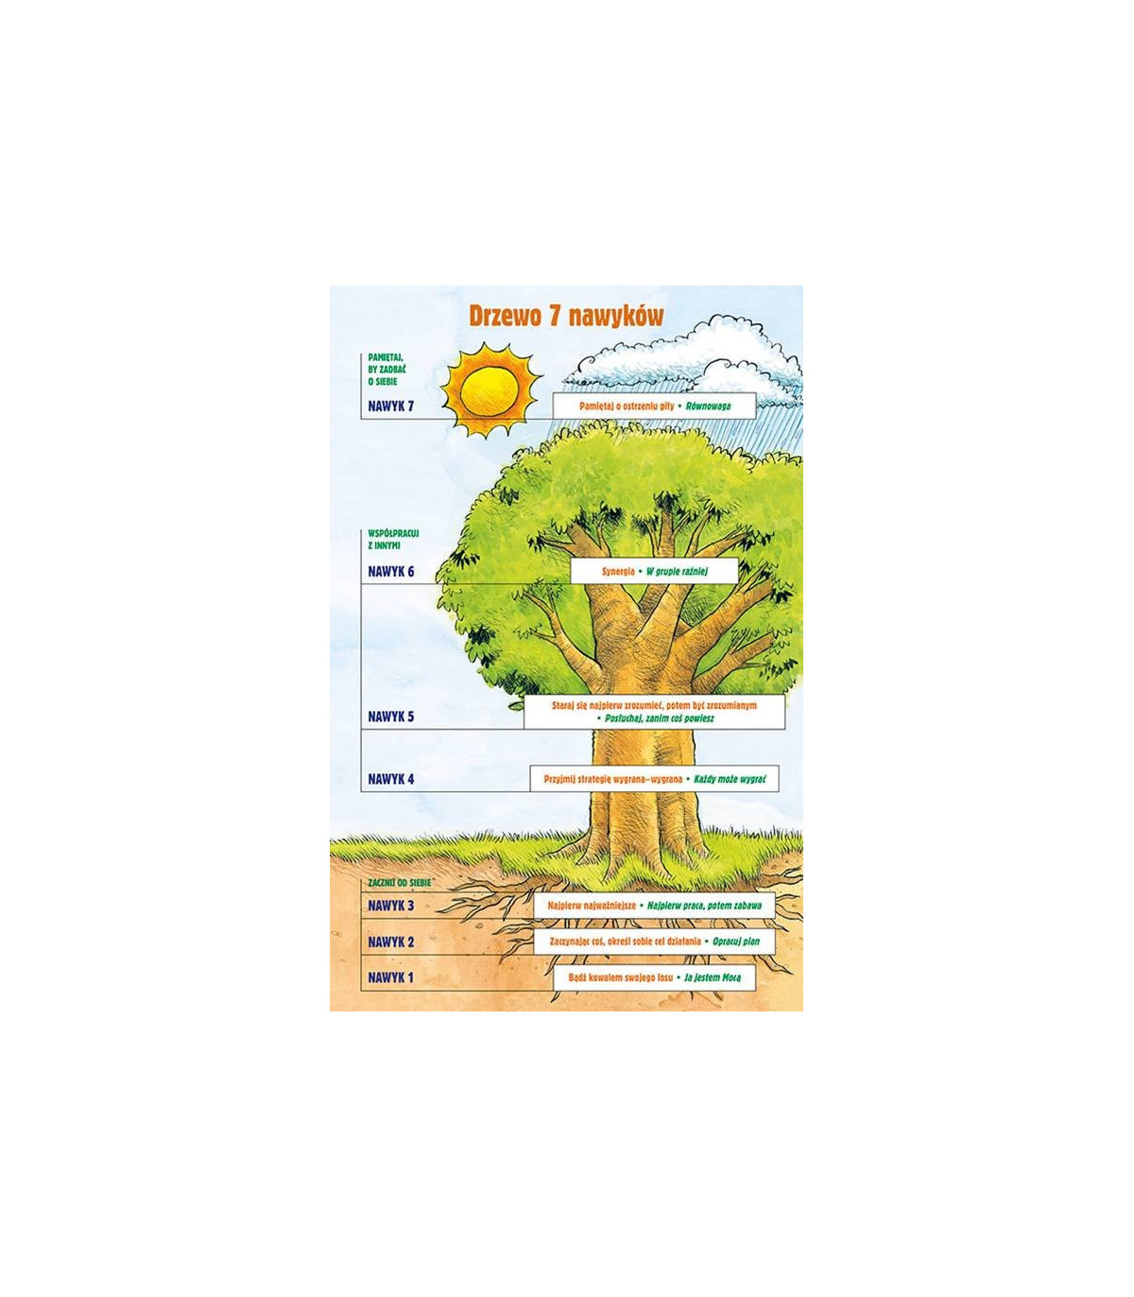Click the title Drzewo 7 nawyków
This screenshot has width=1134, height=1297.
tap(566, 317)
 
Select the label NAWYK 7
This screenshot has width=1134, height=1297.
tap(391, 406)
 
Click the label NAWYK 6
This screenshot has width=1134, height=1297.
tap(391, 572)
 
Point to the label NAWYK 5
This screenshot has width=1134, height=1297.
tap(391, 717)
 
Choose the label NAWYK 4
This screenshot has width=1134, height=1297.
tap(391, 780)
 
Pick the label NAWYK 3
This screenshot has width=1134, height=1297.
tap(391, 906)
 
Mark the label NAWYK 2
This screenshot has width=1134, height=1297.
tap(391, 942)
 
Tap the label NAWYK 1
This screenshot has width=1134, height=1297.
tap(391, 977)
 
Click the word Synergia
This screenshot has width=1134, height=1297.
tap(618, 572)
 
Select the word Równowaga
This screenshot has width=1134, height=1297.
tap(708, 406)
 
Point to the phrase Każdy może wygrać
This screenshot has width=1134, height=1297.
tap(730, 780)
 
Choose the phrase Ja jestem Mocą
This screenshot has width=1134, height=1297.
tap(713, 977)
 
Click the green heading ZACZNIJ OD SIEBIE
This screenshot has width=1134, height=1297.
tap(399, 882)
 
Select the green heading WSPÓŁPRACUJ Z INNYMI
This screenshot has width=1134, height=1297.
tap(393, 539)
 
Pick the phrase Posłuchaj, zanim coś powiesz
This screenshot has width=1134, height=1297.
tap(660, 718)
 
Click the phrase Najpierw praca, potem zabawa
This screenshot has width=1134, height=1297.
tap(704, 906)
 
